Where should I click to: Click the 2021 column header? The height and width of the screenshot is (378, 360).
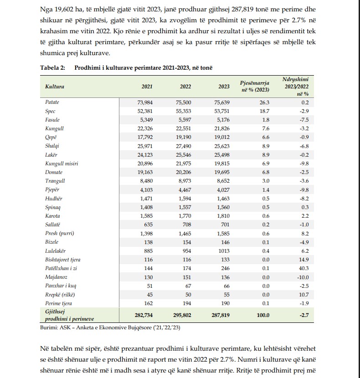pos(147,87)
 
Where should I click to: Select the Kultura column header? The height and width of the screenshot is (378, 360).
pos(55,87)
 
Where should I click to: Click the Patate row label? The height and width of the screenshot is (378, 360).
pos(52,102)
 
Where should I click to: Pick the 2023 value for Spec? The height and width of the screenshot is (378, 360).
pos(222,111)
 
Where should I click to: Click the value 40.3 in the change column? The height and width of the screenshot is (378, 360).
pos(303,268)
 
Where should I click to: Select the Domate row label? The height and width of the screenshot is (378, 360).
pos(54,173)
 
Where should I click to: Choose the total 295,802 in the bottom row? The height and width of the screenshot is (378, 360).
pos(182,315)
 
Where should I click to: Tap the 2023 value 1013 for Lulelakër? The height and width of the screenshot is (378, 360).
pos(223,250)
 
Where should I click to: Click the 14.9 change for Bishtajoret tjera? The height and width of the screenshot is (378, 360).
pos(303,260)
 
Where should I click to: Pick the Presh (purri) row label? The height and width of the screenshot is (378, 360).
pos(60,234)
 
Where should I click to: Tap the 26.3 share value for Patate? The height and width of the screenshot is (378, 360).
pos(264,102)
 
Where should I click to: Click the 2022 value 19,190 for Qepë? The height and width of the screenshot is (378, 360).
pos(183,138)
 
